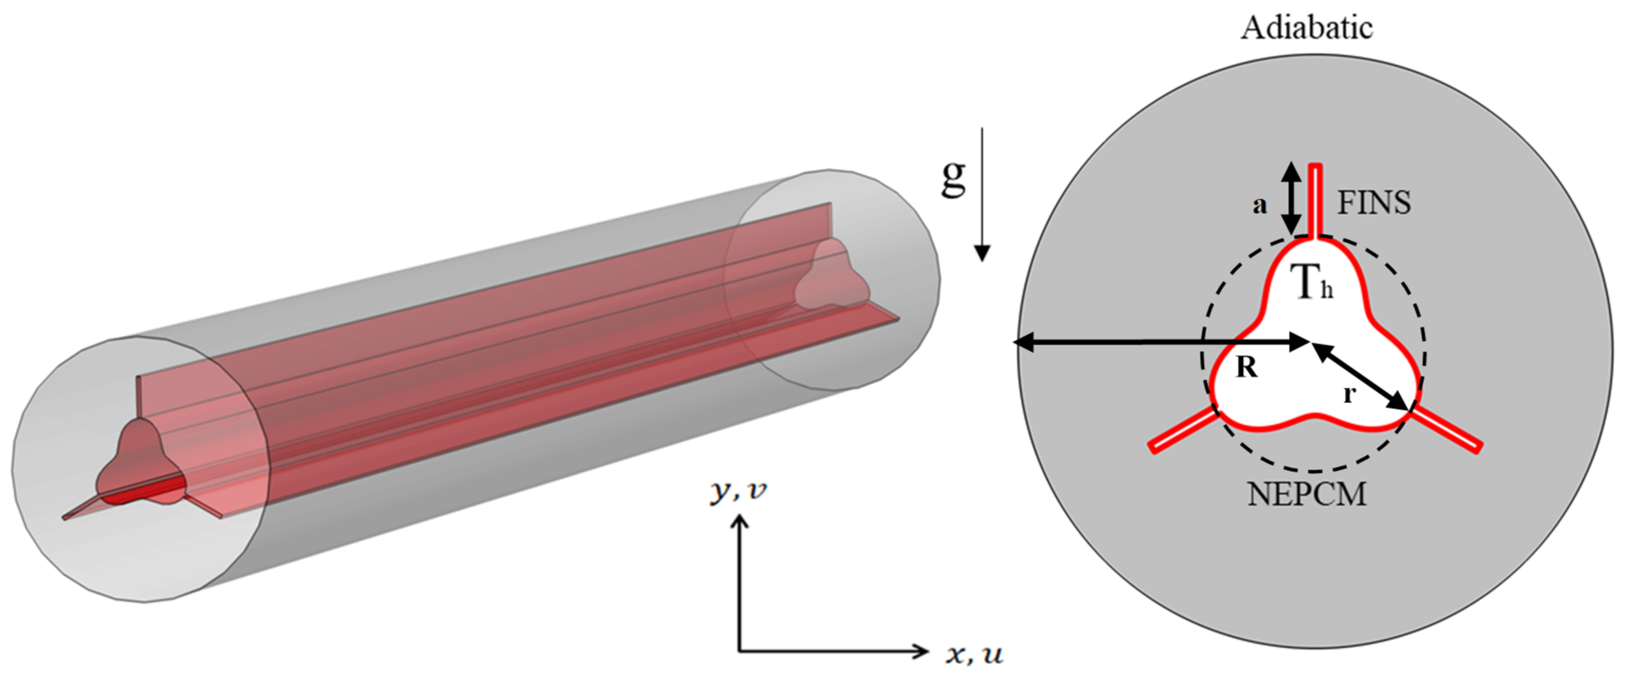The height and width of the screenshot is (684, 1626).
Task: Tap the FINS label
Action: (1374, 203)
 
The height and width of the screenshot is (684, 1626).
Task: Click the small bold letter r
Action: (1349, 394)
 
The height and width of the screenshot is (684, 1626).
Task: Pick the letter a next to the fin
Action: (1259, 205)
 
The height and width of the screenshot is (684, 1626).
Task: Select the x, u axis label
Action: (974, 654)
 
